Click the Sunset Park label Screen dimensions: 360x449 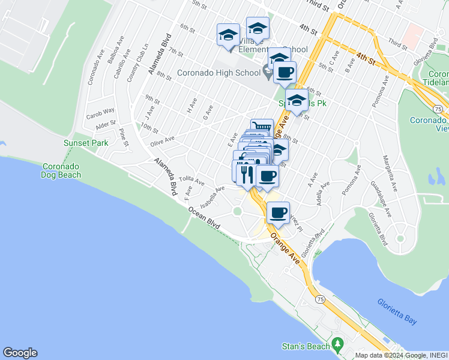86,143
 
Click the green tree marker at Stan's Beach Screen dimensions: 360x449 337,345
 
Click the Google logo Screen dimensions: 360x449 20,353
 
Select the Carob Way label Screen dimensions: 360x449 100,112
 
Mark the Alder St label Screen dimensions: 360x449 105,124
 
